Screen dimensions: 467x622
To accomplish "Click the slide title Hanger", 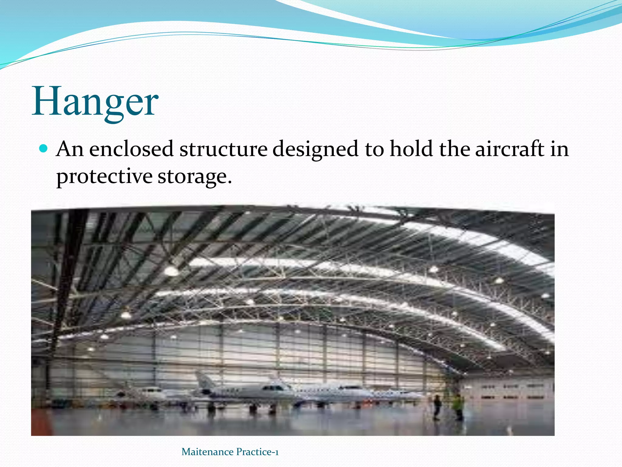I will (x=95, y=102).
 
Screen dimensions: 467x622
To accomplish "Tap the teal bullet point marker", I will (x=44, y=149).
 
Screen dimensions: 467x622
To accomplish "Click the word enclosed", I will (x=131, y=149).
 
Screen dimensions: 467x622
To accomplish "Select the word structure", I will (x=223, y=149).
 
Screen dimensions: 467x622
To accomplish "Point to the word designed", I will (x=315, y=150).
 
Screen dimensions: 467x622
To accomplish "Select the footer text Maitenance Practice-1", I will (x=230, y=452).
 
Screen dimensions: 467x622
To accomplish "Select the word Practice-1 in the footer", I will (x=257, y=452).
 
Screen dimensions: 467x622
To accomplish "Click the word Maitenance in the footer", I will (x=207, y=452).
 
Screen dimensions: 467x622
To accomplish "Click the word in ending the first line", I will (x=559, y=149).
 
